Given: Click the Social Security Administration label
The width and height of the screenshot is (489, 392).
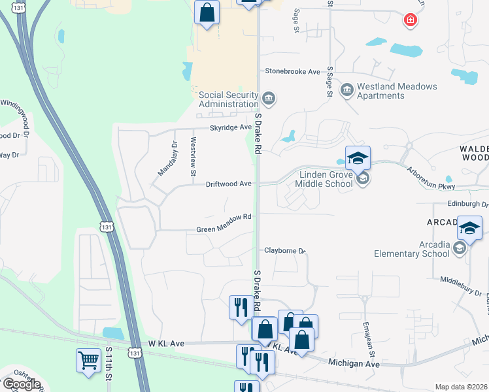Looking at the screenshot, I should click(228, 99).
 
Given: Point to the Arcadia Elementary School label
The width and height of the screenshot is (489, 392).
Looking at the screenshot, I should click(412, 249).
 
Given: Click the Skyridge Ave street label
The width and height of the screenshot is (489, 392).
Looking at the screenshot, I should click(231, 127).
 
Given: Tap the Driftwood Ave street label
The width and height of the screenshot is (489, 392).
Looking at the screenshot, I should click(229, 184).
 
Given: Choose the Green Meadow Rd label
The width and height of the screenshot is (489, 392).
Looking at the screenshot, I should click(224, 229).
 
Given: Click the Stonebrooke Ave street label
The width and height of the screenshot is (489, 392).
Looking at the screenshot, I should click(292, 71).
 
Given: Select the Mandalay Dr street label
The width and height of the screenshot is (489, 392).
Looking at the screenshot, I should click(168, 160).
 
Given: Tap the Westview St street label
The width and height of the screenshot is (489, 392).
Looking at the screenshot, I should click(193, 157).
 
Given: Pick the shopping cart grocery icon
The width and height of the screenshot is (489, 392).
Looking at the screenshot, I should click(88, 359).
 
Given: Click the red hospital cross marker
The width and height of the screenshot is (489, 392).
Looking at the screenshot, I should click(411, 20).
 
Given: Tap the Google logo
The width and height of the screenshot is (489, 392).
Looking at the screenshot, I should click(21, 384).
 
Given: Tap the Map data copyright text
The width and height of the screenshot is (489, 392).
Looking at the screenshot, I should click(462, 387).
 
